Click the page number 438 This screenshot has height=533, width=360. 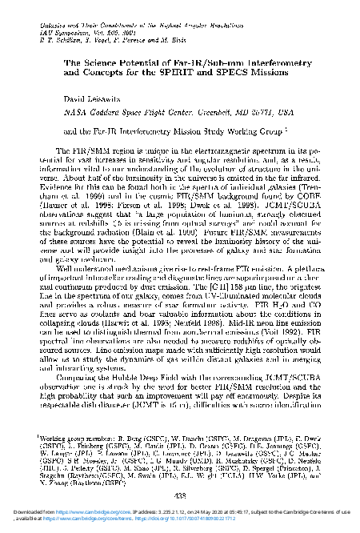[x=179, y=495]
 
